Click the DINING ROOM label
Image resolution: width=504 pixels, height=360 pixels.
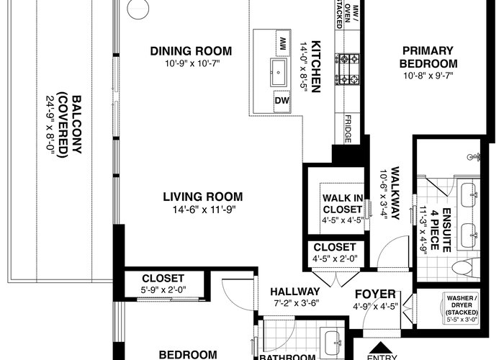coord(191,51)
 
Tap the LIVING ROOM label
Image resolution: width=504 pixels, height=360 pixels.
coord(203,197)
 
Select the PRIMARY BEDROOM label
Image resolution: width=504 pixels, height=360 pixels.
coord(428,57)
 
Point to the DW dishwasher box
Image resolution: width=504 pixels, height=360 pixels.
coord(282,101)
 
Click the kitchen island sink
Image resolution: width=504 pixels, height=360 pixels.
coord(279,72)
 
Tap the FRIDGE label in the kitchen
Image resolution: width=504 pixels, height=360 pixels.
coord(348,129)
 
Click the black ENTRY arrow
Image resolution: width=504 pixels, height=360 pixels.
coord(381,348)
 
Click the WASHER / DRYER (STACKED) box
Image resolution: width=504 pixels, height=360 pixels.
coord(462,308)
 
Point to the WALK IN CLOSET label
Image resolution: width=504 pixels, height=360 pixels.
coord(343,204)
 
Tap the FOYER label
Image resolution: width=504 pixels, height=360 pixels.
coord(375,294)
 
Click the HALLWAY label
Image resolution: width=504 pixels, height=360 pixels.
coord(295,292)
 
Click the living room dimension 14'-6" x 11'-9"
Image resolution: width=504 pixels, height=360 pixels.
coord(204,210)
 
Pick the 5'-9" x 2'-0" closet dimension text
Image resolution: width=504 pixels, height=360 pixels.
coord(163,290)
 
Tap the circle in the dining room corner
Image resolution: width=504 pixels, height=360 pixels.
coord(138,9)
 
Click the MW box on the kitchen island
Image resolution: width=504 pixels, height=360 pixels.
coord(283,43)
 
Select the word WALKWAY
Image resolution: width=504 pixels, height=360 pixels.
coord(395,193)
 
